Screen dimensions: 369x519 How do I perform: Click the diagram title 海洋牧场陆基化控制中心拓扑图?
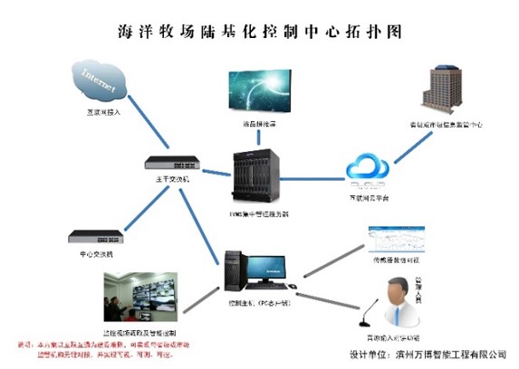(x=259, y=30)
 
